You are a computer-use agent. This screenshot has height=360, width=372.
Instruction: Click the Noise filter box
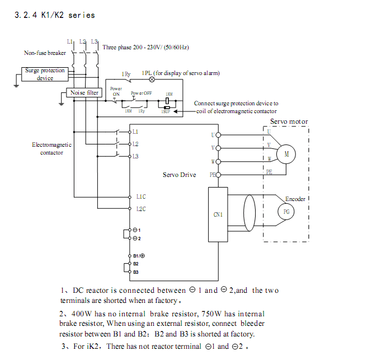click(84, 92)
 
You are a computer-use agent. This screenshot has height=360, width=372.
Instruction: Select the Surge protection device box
click(45, 74)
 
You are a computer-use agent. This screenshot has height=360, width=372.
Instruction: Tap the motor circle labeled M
click(286, 153)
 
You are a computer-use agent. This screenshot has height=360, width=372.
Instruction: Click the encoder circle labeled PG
click(286, 212)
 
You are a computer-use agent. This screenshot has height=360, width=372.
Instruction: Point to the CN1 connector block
click(218, 214)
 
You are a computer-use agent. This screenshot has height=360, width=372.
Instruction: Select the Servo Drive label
click(179, 175)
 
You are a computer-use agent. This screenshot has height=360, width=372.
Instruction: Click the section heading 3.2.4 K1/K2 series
click(54, 15)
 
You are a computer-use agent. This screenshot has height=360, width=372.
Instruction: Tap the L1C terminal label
click(140, 197)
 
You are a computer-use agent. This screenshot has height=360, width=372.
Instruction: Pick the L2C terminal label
click(140, 209)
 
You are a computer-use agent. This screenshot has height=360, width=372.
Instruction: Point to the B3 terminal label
click(136, 272)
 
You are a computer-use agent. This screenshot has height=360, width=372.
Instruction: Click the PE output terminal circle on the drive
click(218, 175)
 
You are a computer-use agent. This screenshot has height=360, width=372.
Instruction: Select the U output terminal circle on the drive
click(218, 134)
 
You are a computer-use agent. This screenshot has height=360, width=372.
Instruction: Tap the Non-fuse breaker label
click(45, 53)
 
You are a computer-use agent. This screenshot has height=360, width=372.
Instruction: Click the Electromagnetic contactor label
click(51, 148)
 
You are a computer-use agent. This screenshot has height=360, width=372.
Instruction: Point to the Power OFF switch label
click(142, 93)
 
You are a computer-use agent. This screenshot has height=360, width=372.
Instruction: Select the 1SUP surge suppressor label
click(166, 111)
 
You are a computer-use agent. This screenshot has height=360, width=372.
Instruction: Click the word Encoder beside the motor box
click(295, 199)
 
